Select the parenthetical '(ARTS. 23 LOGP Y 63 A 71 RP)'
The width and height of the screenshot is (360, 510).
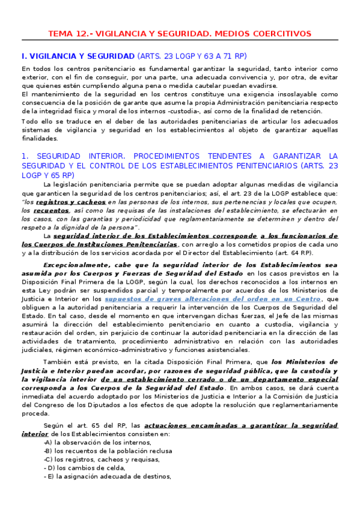coord(192,56)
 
